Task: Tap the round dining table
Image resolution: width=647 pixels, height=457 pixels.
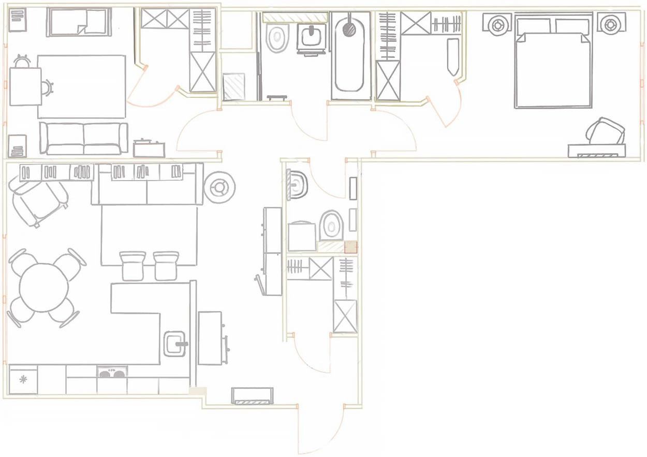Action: (x=43, y=287)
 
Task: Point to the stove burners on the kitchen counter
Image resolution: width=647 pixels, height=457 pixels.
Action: (x=112, y=372)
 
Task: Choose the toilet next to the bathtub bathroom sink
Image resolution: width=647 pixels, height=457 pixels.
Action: (x=277, y=38)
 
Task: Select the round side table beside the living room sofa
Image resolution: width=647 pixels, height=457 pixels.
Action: (x=220, y=188)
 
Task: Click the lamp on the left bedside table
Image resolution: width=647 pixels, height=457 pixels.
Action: (x=498, y=24)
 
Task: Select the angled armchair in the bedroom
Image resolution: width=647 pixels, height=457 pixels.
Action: (x=605, y=132)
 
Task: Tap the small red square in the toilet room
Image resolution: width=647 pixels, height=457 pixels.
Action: (x=351, y=247)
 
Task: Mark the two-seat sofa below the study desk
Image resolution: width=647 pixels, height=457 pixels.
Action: (x=84, y=138)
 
